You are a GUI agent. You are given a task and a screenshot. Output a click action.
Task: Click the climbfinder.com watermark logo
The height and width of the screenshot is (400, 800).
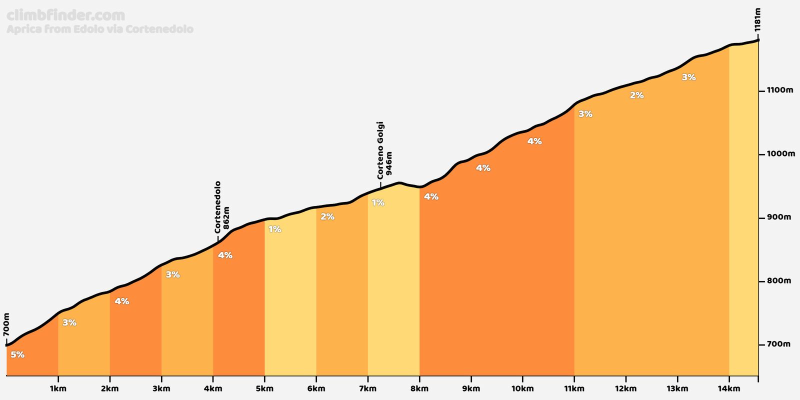[65, 15]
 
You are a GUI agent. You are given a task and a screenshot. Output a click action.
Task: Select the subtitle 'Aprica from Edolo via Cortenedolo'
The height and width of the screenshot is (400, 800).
[100, 29]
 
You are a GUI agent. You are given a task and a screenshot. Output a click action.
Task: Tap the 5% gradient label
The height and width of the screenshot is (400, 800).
[17, 354]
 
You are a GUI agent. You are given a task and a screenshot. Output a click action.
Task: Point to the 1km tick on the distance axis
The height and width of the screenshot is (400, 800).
[58, 388]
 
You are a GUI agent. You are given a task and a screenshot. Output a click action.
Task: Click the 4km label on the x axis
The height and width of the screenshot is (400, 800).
[213, 388]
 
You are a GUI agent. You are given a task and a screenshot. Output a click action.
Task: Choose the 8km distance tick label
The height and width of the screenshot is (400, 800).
[419, 388]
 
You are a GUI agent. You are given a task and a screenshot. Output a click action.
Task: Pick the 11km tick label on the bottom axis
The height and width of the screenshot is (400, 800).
[574, 388]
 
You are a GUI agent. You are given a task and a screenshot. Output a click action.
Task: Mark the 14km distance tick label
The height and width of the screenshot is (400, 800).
[729, 388]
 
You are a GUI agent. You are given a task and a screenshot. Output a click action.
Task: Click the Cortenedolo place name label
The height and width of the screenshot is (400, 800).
[217, 207]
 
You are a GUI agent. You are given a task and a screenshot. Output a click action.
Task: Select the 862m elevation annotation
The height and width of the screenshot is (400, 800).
[226, 218]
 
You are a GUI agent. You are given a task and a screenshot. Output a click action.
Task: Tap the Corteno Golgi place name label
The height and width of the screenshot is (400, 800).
[380, 150]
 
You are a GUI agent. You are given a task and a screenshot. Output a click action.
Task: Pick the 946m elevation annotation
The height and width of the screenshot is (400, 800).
[389, 163]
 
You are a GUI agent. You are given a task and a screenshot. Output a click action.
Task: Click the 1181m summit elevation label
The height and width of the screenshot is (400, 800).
[757, 20]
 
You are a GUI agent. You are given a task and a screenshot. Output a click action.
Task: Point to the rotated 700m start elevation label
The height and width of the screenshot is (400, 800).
[6, 324]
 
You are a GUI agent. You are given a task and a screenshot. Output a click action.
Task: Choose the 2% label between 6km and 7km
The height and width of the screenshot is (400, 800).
[327, 216]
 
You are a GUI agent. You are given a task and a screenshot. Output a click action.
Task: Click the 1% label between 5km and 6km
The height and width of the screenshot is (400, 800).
[274, 229]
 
